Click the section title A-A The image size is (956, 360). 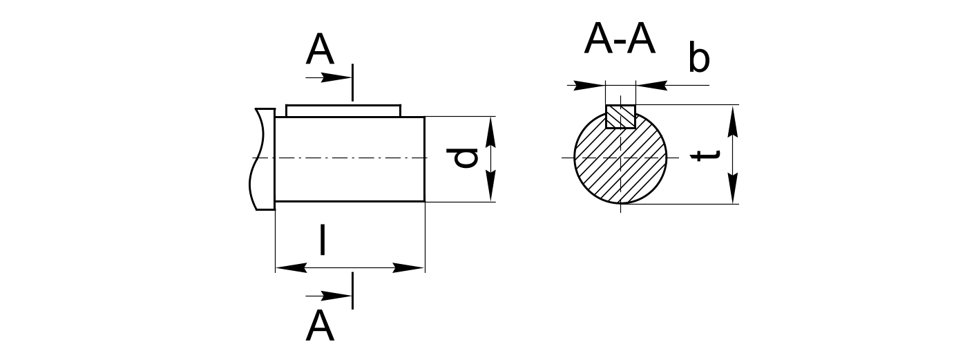[x=619, y=40]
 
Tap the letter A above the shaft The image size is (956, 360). [x=319, y=50]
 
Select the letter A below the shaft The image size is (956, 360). [x=319, y=326]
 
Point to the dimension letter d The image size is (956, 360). [x=466, y=158]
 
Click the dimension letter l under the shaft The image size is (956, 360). [x=322, y=240]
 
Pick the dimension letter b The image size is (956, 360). [x=698, y=59]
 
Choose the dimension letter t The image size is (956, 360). [x=707, y=155]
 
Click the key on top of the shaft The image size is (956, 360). [x=343, y=111]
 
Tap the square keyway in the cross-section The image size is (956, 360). [x=620, y=116]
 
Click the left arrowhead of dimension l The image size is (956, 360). [x=290, y=267]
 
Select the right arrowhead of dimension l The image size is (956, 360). [x=409, y=267]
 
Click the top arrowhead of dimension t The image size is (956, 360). [x=733, y=120]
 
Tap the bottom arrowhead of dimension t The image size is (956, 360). [x=733, y=189]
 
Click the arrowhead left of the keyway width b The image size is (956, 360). [x=590, y=86]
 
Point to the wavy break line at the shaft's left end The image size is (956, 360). [x=261, y=159]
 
